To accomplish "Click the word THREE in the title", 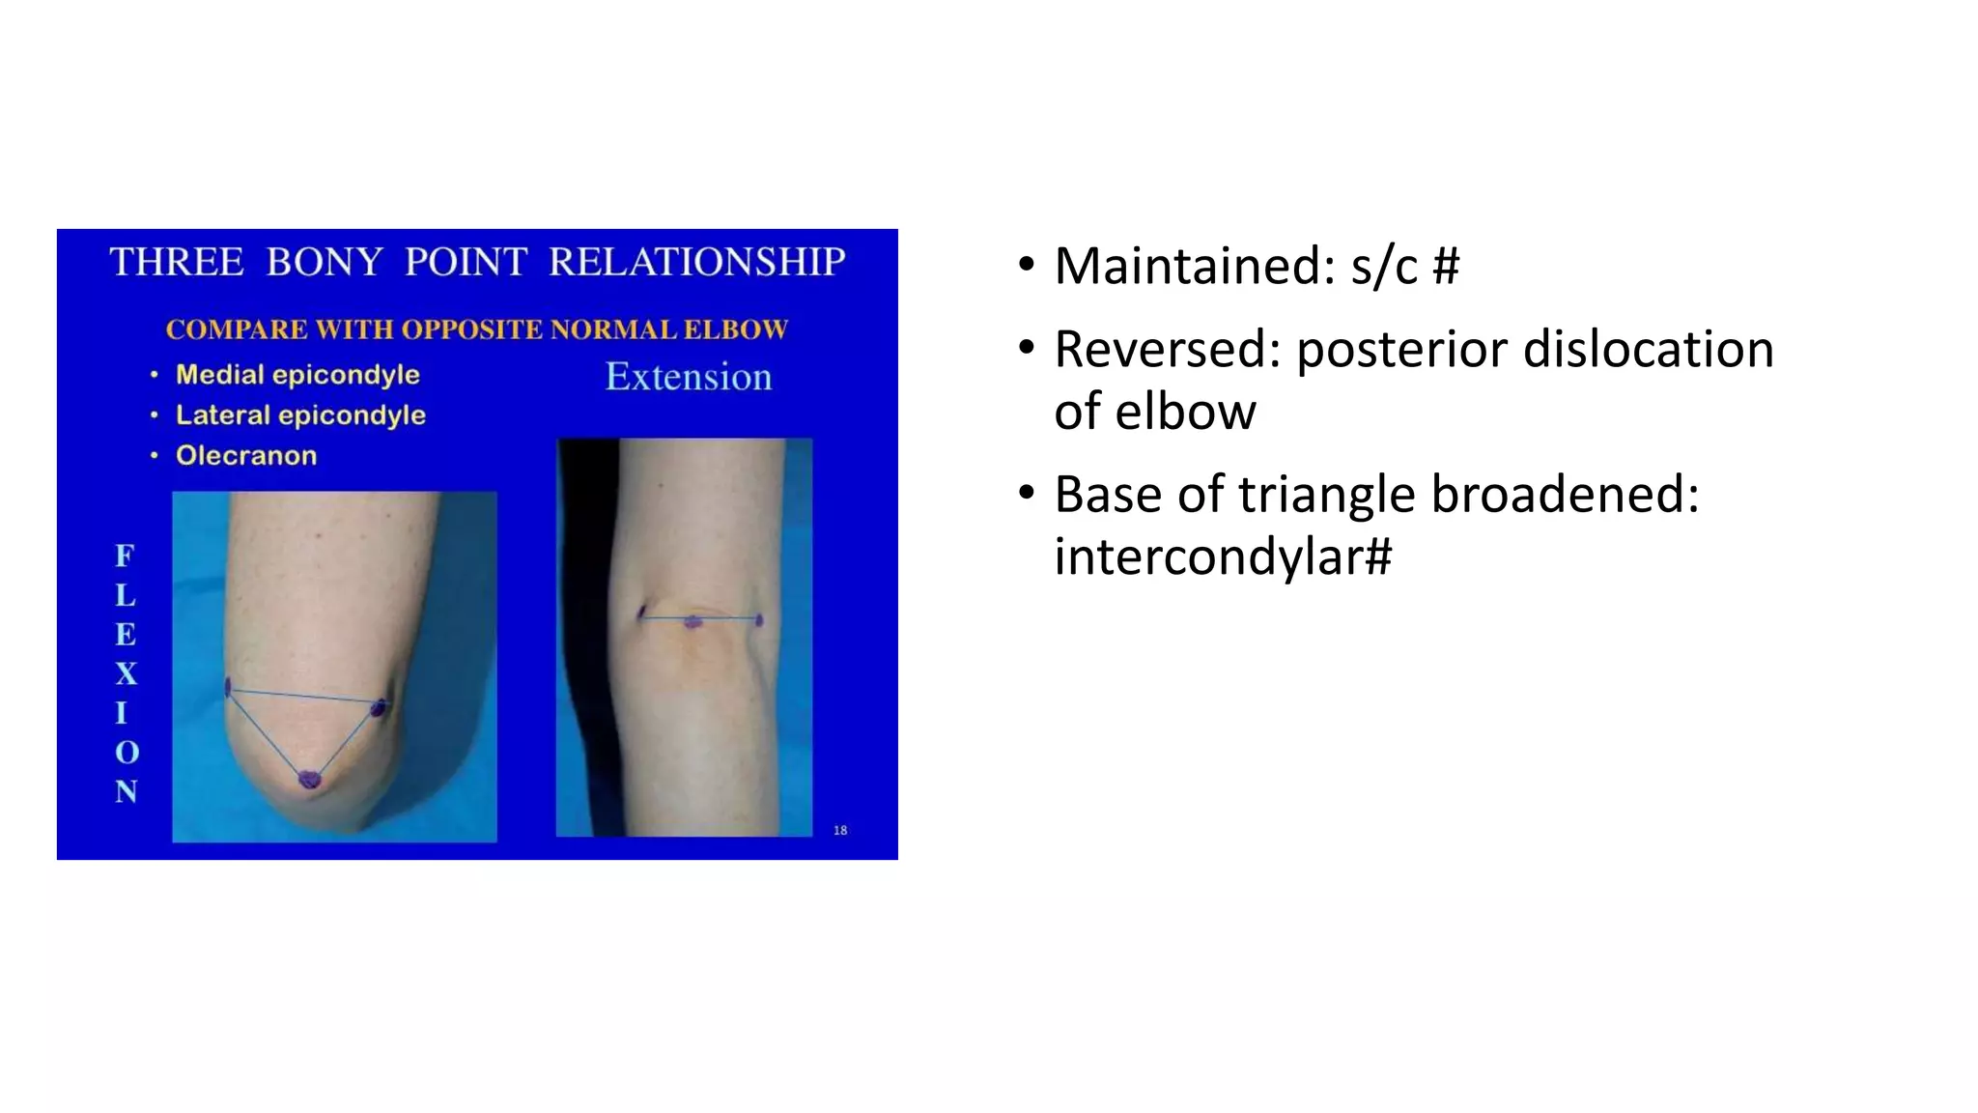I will (177, 263).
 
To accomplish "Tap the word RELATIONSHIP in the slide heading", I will (696, 263).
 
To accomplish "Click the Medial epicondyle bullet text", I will (297, 375).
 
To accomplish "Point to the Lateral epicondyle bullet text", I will (300, 415).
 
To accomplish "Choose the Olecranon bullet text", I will (246, 456).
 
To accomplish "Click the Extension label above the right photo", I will (689, 377).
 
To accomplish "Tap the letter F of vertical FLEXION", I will (126, 556).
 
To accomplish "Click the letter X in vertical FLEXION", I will (127, 673).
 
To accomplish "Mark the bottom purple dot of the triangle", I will (308, 778).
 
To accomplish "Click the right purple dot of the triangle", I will (380, 708).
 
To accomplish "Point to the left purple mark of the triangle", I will (228, 687).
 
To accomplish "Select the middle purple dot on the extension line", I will (692, 621).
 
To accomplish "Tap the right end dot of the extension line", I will (759, 619).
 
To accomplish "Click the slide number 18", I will (840, 830).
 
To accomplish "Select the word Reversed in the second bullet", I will (1167, 350).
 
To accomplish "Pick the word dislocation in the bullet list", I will (1648, 350).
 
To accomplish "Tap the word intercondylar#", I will (1223, 556).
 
